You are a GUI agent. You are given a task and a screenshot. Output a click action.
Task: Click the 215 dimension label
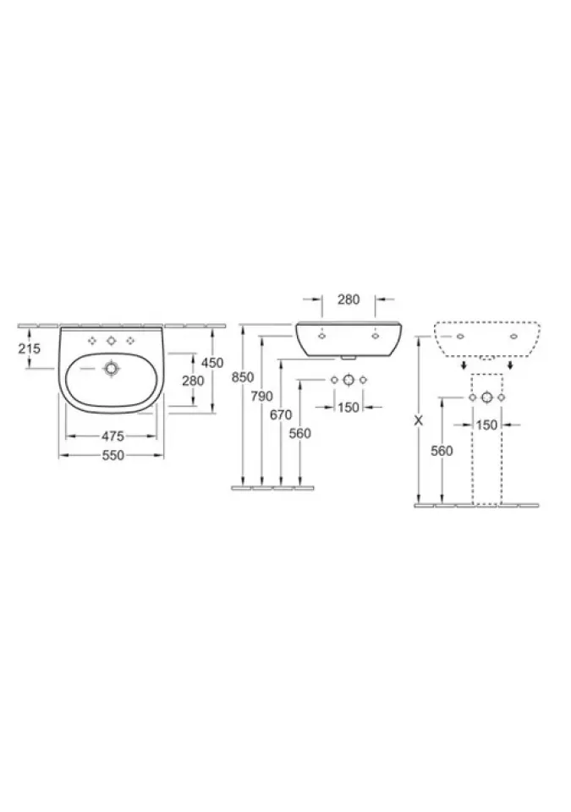click(29, 348)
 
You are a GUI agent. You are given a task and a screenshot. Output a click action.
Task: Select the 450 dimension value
click(212, 363)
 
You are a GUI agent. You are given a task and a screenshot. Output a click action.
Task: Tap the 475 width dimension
click(113, 436)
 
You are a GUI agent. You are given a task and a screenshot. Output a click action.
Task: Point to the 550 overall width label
click(113, 455)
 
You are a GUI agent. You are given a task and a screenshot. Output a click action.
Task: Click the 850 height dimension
click(243, 377)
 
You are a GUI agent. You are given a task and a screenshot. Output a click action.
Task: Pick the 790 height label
click(261, 397)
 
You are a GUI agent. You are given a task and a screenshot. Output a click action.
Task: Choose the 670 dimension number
click(281, 414)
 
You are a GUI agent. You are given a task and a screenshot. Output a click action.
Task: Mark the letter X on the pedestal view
click(419, 420)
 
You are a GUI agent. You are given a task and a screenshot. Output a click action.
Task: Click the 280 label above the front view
click(349, 299)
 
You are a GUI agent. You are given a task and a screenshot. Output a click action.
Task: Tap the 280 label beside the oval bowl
click(193, 381)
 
